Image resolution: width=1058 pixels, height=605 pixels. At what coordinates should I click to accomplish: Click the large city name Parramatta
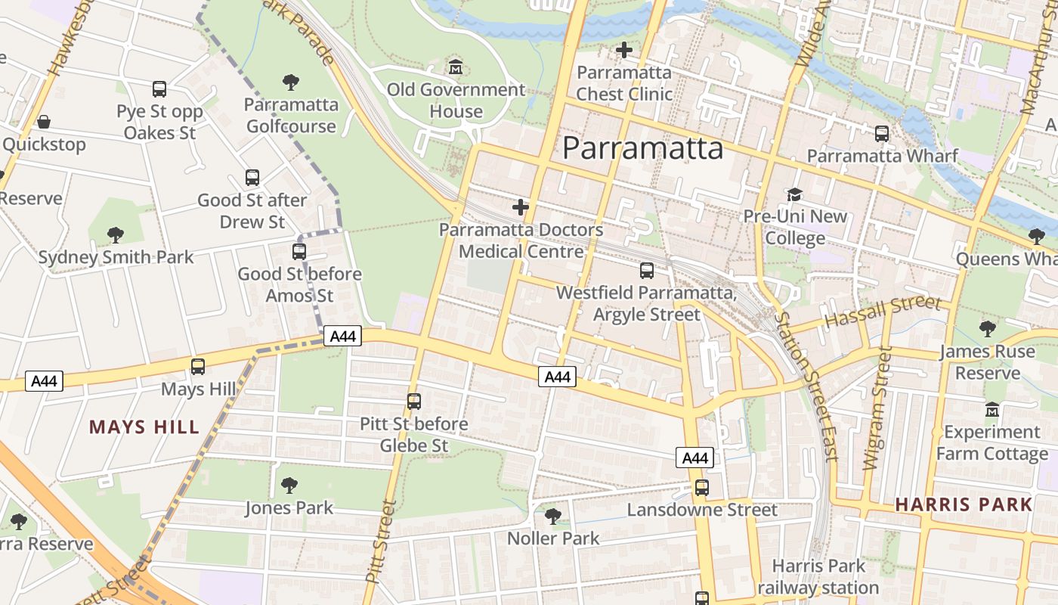(x=642, y=148)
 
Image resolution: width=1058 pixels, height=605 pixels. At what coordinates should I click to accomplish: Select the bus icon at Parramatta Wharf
(x=881, y=134)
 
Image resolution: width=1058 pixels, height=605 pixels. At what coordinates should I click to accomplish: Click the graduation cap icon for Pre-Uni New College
(x=794, y=194)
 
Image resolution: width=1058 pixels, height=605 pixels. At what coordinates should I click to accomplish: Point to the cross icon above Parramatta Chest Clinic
(x=624, y=50)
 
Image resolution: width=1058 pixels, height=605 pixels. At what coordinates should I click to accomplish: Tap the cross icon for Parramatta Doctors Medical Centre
(x=521, y=206)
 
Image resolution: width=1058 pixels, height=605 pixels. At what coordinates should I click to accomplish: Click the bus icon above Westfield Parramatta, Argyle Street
(x=647, y=270)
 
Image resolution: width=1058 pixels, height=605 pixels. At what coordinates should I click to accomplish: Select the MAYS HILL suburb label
(x=144, y=427)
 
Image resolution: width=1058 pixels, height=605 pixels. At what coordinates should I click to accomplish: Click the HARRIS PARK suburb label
(x=964, y=504)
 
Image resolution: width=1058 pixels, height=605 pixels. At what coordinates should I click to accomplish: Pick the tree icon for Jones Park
(x=289, y=485)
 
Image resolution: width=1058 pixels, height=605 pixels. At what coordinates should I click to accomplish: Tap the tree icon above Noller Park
(x=553, y=517)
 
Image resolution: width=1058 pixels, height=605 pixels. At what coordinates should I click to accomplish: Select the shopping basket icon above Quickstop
(x=44, y=122)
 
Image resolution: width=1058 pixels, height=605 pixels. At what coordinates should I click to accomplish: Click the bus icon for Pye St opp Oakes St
(x=159, y=89)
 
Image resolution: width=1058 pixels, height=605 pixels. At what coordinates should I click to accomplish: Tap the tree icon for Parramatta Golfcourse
(x=291, y=82)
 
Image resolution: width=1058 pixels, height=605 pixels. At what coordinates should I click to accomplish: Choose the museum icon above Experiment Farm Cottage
(x=992, y=410)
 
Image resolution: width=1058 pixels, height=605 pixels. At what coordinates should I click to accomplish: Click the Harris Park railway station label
(x=818, y=577)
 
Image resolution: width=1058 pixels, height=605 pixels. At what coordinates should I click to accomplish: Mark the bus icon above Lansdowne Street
(x=702, y=488)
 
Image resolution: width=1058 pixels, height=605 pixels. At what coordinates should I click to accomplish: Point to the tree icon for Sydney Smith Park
(x=116, y=235)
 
